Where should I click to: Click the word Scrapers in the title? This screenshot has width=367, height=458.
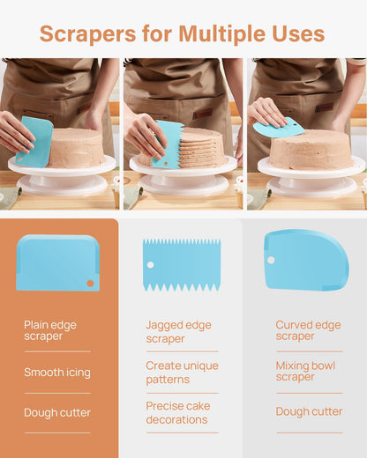click(87, 34)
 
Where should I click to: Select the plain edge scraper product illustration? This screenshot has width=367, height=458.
click(57, 262)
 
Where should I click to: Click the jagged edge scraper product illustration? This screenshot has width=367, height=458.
click(182, 265)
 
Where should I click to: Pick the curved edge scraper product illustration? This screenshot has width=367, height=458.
click(306, 260)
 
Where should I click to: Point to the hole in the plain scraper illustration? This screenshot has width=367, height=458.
click(90, 284)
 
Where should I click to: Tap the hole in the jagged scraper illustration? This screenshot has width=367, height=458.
click(150, 265)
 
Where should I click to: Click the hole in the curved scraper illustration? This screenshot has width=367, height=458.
click(271, 260)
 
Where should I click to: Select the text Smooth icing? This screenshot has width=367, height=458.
click(57, 373)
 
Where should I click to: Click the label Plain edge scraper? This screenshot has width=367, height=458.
click(50, 330)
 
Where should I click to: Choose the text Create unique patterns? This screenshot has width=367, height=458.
click(182, 373)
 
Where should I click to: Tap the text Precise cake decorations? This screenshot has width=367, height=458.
click(178, 413)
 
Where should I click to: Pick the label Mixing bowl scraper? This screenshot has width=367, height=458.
click(305, 372)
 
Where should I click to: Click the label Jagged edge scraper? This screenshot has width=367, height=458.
click(178, 332)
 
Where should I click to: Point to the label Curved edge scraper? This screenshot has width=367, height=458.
click(308, 330)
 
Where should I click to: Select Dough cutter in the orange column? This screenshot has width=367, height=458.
click(57, 412)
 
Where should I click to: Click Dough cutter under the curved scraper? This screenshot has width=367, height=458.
click(309, 411)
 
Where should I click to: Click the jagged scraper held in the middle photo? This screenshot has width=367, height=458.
click(168, 144)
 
